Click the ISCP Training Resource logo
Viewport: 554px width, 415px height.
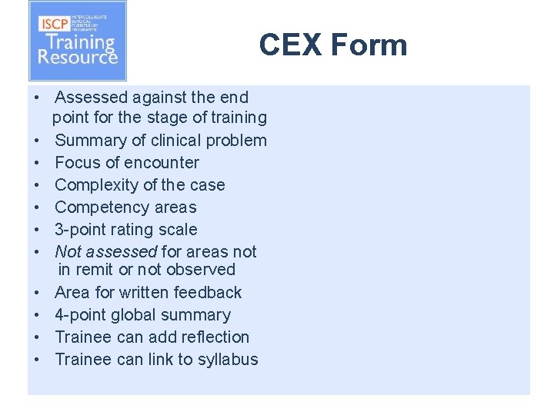[77, 41]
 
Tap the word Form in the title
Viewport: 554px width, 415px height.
[369, 45]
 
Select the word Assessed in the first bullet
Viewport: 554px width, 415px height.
[91, 98]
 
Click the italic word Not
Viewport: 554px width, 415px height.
[68, 252]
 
